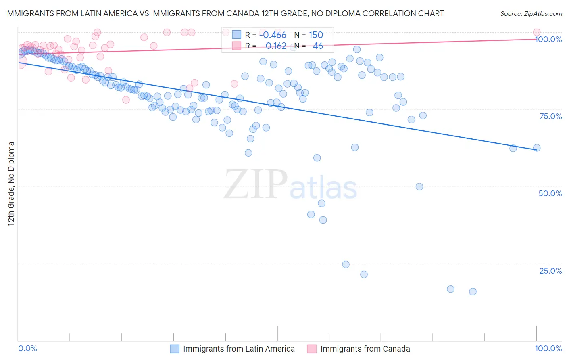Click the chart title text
point(224,13)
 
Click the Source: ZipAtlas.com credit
point(531,13)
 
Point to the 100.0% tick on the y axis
point(548,39)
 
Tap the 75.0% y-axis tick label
point(550,116)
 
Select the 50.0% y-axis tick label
point(550,193)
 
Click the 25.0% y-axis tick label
point(550,270)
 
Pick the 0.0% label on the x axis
point(28,348)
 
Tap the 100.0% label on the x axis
point(548,348)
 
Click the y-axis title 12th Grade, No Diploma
point(11,184)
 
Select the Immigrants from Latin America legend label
point(239,349)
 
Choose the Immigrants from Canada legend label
point(365,349)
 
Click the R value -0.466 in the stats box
point(273,35)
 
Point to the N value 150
point(316,35)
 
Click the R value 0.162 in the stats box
point(276,46)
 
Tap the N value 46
point(318,46)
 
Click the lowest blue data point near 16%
point(473,291)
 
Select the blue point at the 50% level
point(419,186)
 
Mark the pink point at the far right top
point(537,32)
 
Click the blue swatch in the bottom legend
point(175,349)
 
